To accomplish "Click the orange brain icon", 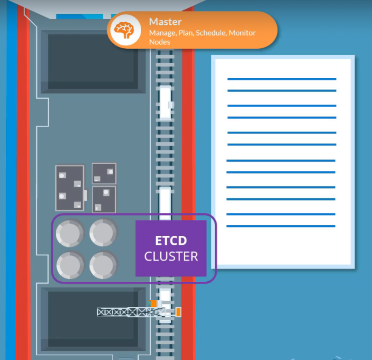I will point(125,29).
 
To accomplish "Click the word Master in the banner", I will point(165,22).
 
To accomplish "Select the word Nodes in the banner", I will point(159,42).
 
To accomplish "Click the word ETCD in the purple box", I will point(171,240).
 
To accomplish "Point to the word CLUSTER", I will point(171,257).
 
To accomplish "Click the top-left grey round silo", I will point(70,233).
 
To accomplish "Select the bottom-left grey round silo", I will point(70,265).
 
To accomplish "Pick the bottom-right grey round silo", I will point(103,265).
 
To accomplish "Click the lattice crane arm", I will point(126,312).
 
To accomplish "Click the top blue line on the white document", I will point(281,79).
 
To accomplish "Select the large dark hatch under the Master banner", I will point(93,61).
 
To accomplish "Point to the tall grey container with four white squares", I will point(70,188).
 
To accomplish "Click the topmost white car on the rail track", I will point(165,102).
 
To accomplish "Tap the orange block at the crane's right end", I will point(178,312).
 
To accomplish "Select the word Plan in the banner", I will point(185,33).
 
